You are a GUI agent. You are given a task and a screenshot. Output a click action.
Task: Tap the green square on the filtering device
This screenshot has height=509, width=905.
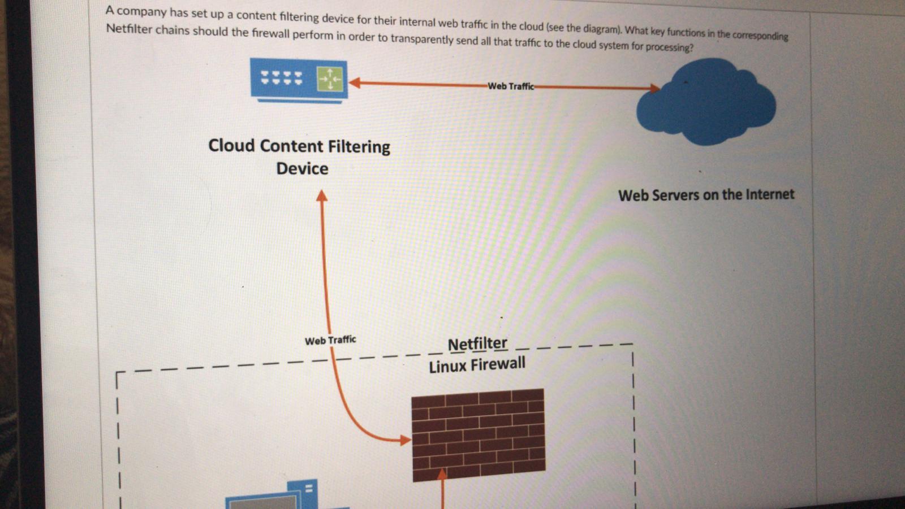tap(330, 79)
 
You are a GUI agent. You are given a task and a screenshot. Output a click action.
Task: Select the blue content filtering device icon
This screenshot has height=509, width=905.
tap(299, 80)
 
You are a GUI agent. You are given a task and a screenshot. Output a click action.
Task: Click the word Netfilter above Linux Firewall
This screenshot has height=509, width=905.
tap(477, 343)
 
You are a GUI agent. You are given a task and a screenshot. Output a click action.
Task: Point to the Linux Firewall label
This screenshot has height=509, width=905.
tap(477, 365)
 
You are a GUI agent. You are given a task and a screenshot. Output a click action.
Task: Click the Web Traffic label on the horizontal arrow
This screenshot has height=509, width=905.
tap(510, 86)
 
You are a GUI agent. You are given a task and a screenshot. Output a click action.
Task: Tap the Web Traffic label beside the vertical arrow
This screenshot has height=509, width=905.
tap(330, 340)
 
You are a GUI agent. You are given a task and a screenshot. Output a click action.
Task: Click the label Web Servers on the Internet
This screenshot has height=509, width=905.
tap(706, 195)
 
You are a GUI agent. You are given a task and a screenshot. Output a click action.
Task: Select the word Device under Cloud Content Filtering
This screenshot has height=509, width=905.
tap(302, 168)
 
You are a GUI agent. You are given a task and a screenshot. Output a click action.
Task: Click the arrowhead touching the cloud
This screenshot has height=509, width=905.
tap(654, 88)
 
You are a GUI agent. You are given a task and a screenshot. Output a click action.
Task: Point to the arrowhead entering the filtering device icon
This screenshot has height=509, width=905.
tap(355, 82)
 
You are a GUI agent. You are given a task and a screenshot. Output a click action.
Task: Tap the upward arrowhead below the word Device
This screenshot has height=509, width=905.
tap(322, 195)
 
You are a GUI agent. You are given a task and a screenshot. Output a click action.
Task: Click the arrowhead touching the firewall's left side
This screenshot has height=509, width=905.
tap(405, 440)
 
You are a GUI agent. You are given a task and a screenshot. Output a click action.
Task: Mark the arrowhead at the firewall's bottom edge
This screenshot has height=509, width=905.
tap(442, 473)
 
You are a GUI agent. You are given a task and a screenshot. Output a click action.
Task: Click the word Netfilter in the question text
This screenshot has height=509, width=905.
tap(129, 28)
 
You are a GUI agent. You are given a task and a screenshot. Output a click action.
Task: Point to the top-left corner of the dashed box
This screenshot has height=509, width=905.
tap(117, 373)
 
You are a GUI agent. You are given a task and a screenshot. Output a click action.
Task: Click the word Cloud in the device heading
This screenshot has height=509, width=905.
tap(231, 145)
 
